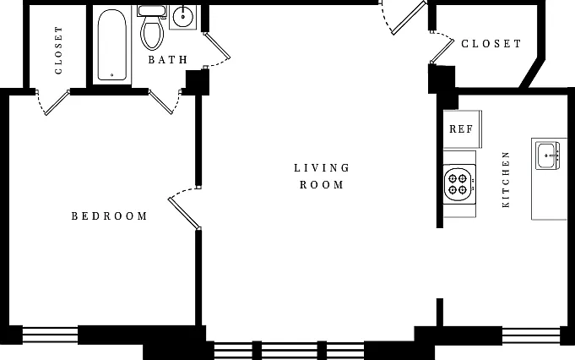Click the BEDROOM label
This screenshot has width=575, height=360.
coord(109,215)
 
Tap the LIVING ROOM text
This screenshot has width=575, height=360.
coord(322,176)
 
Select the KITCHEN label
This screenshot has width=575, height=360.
coord(506,179)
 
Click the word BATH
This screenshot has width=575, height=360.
coord(168,59)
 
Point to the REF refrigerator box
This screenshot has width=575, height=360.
coord(463,128)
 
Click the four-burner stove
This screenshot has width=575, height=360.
coord(459,184)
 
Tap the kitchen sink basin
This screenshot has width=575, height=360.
coord(547,155)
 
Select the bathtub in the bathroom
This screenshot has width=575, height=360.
coord(112,45)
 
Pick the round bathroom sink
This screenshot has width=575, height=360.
coord(182,17)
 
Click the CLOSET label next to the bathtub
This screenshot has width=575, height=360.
coord(58,50)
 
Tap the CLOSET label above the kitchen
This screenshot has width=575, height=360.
coord(491,44)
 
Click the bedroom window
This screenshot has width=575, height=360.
coord(51,335)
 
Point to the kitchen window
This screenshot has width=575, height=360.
coord(531,335)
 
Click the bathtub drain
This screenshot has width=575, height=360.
coord(111,75)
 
